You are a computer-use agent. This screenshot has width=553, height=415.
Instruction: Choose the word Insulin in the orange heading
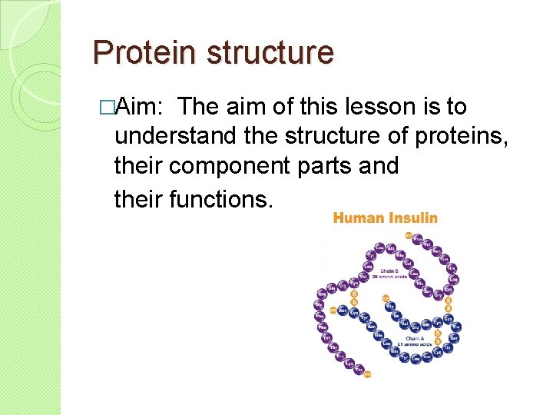tap(412, 217)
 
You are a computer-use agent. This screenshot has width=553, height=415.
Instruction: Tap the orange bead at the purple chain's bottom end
tap(368, 374)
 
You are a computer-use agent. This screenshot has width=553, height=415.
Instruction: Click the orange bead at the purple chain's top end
tap(409, 235)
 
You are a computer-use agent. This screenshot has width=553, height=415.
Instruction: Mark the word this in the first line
tap(353, 108)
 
